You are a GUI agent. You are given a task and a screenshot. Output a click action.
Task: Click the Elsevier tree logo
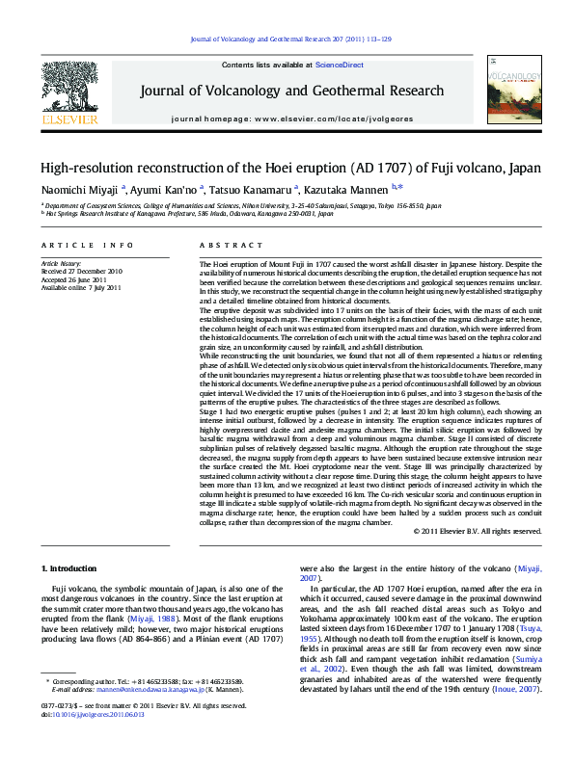(69, 90)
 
